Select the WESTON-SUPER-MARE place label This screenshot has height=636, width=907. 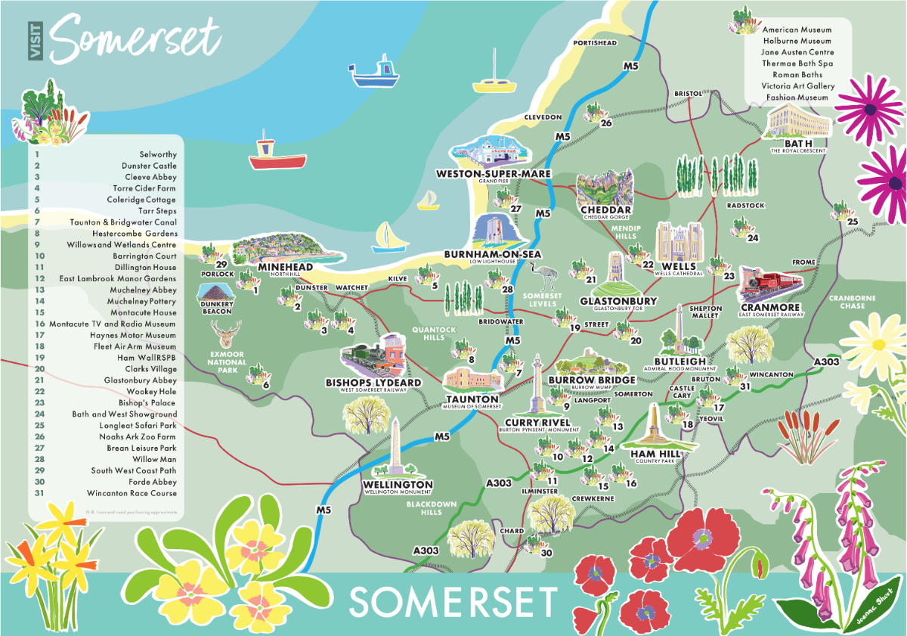[494, 174]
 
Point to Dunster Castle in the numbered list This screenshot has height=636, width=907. [149, 166]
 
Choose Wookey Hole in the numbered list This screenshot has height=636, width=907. [154, 391]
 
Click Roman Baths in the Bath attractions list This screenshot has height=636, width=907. [797, 75]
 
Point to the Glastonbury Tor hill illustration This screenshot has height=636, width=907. [617, 275]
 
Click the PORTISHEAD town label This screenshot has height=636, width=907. [596, 43]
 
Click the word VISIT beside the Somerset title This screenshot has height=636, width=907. [36, 40]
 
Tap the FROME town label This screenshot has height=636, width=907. [803, 262]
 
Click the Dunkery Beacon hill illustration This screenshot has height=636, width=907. [217, 292]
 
